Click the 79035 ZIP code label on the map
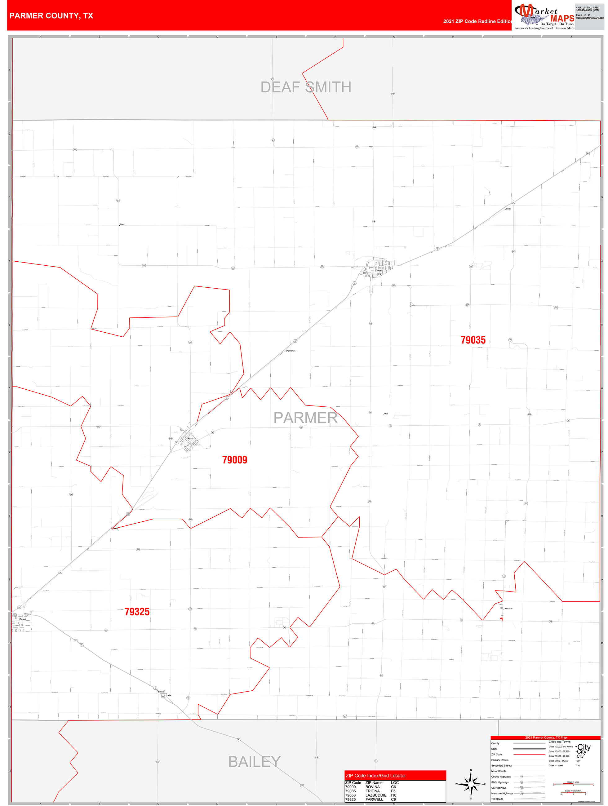tap(473, 340)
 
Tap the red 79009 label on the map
tap(234, 460)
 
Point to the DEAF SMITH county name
tap(305, 87)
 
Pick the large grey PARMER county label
tap(305, 418)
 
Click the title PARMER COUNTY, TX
tap(51, 16)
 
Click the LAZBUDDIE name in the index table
tap(376, 795)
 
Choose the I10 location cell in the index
tap(393, 795)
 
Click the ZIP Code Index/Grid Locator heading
tap(375, 775)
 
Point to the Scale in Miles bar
tap(573, 784)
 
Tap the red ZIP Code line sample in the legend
tap(529, 754)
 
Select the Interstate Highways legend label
tap(502, 793)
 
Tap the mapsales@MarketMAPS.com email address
tap(589, 18)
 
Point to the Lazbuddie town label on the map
tap(508, 609)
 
